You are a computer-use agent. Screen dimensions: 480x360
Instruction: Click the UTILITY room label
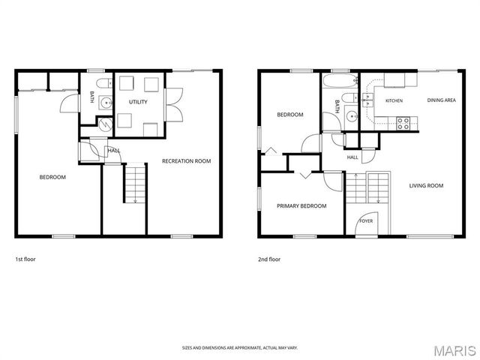[138, 102]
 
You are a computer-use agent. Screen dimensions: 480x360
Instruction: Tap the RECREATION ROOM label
[187, 161]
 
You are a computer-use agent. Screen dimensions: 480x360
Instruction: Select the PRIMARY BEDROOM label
[301, 206]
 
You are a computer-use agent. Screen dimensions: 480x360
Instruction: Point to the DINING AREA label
[442, 100]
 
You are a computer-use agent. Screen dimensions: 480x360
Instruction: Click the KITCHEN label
[394, 100]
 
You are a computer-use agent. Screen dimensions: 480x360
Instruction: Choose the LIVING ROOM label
[426, 185]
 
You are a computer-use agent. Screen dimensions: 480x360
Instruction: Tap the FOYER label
[366, 220]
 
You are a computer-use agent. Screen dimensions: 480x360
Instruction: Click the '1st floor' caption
[25, 259]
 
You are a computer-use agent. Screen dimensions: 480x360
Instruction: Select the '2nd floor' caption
[269, 259]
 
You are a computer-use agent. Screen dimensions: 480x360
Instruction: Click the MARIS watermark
[454, 351]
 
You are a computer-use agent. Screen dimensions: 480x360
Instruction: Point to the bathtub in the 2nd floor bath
[340, 81]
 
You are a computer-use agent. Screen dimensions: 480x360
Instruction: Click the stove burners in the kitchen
[403, 123]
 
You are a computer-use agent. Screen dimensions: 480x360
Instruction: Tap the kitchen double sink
[367, 100]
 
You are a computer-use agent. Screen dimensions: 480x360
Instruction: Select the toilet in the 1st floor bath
[104, 83]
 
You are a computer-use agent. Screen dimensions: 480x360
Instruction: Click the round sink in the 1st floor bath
[106, 103]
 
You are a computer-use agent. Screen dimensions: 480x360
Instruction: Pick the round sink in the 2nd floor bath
[352, 117]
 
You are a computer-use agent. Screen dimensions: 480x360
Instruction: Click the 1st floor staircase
[135, 183]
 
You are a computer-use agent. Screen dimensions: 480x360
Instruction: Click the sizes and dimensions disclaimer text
[240, 348]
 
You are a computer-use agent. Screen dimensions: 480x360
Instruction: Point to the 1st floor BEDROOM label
[52, 177]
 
